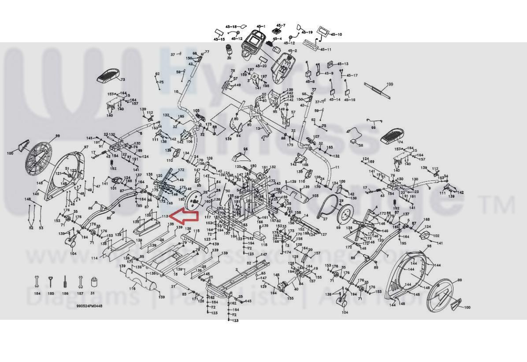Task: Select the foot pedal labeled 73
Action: coord(108,76)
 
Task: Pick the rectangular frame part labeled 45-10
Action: coord(323,31)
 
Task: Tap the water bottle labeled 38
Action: coord(229,49)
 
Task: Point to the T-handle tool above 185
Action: coord(51,281)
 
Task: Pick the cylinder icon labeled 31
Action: coord(93,282)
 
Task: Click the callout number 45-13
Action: coord(343,64)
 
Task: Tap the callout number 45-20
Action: coord(261,66)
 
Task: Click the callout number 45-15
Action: coord(219,39)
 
